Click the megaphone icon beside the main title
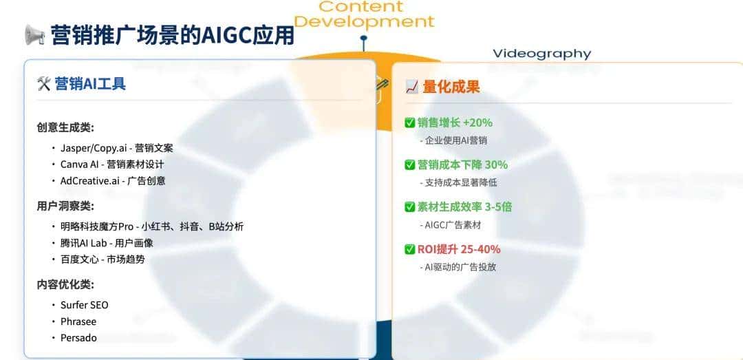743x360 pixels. [34, 35]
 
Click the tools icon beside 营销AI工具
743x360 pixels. [43, 84]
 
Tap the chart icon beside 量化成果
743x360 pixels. [412, 87]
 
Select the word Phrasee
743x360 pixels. [78, 321]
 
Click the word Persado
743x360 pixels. [78, 338]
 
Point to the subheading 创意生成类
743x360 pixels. [65, 127]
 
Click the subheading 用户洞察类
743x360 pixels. [65, 207]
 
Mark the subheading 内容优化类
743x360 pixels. [65, 285]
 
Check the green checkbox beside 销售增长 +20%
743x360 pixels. [410, 123]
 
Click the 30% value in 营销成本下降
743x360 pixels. [496, 165]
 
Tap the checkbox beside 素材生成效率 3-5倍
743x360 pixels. [410, 207]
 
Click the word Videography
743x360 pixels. [542, 54]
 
